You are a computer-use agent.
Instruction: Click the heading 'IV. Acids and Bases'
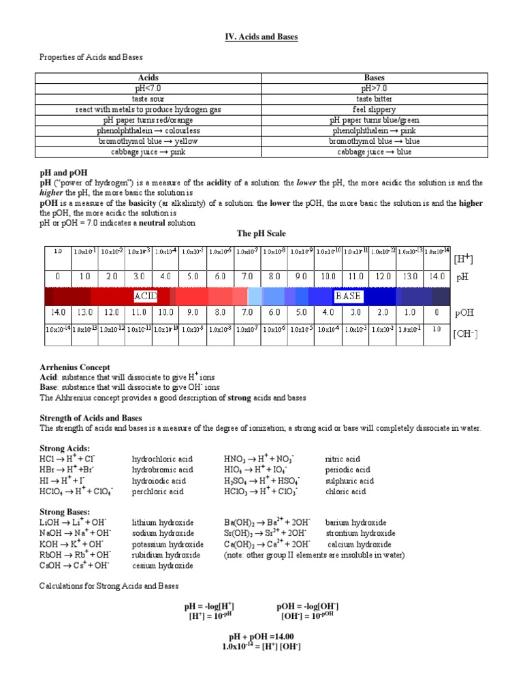pos(261,37)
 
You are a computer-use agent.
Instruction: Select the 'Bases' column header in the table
pos(375,78)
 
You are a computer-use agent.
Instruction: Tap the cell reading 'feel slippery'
pos(375,109)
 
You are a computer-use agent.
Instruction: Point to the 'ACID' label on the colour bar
pos(146,297)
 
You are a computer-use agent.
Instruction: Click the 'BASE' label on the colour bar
pos(347,297)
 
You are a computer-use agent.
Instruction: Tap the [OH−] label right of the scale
pos(466,334)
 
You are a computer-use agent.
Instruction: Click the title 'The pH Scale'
pos(261,233)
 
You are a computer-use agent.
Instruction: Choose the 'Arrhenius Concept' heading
pos(75,367)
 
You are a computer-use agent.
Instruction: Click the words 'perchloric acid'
pos(158,491)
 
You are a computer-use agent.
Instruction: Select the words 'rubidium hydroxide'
pos(166,555)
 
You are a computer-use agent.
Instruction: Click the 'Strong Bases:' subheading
pos(65,511)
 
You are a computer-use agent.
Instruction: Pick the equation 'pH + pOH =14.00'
pos(261,637)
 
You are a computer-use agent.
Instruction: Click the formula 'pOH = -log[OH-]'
pos(308,606)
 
